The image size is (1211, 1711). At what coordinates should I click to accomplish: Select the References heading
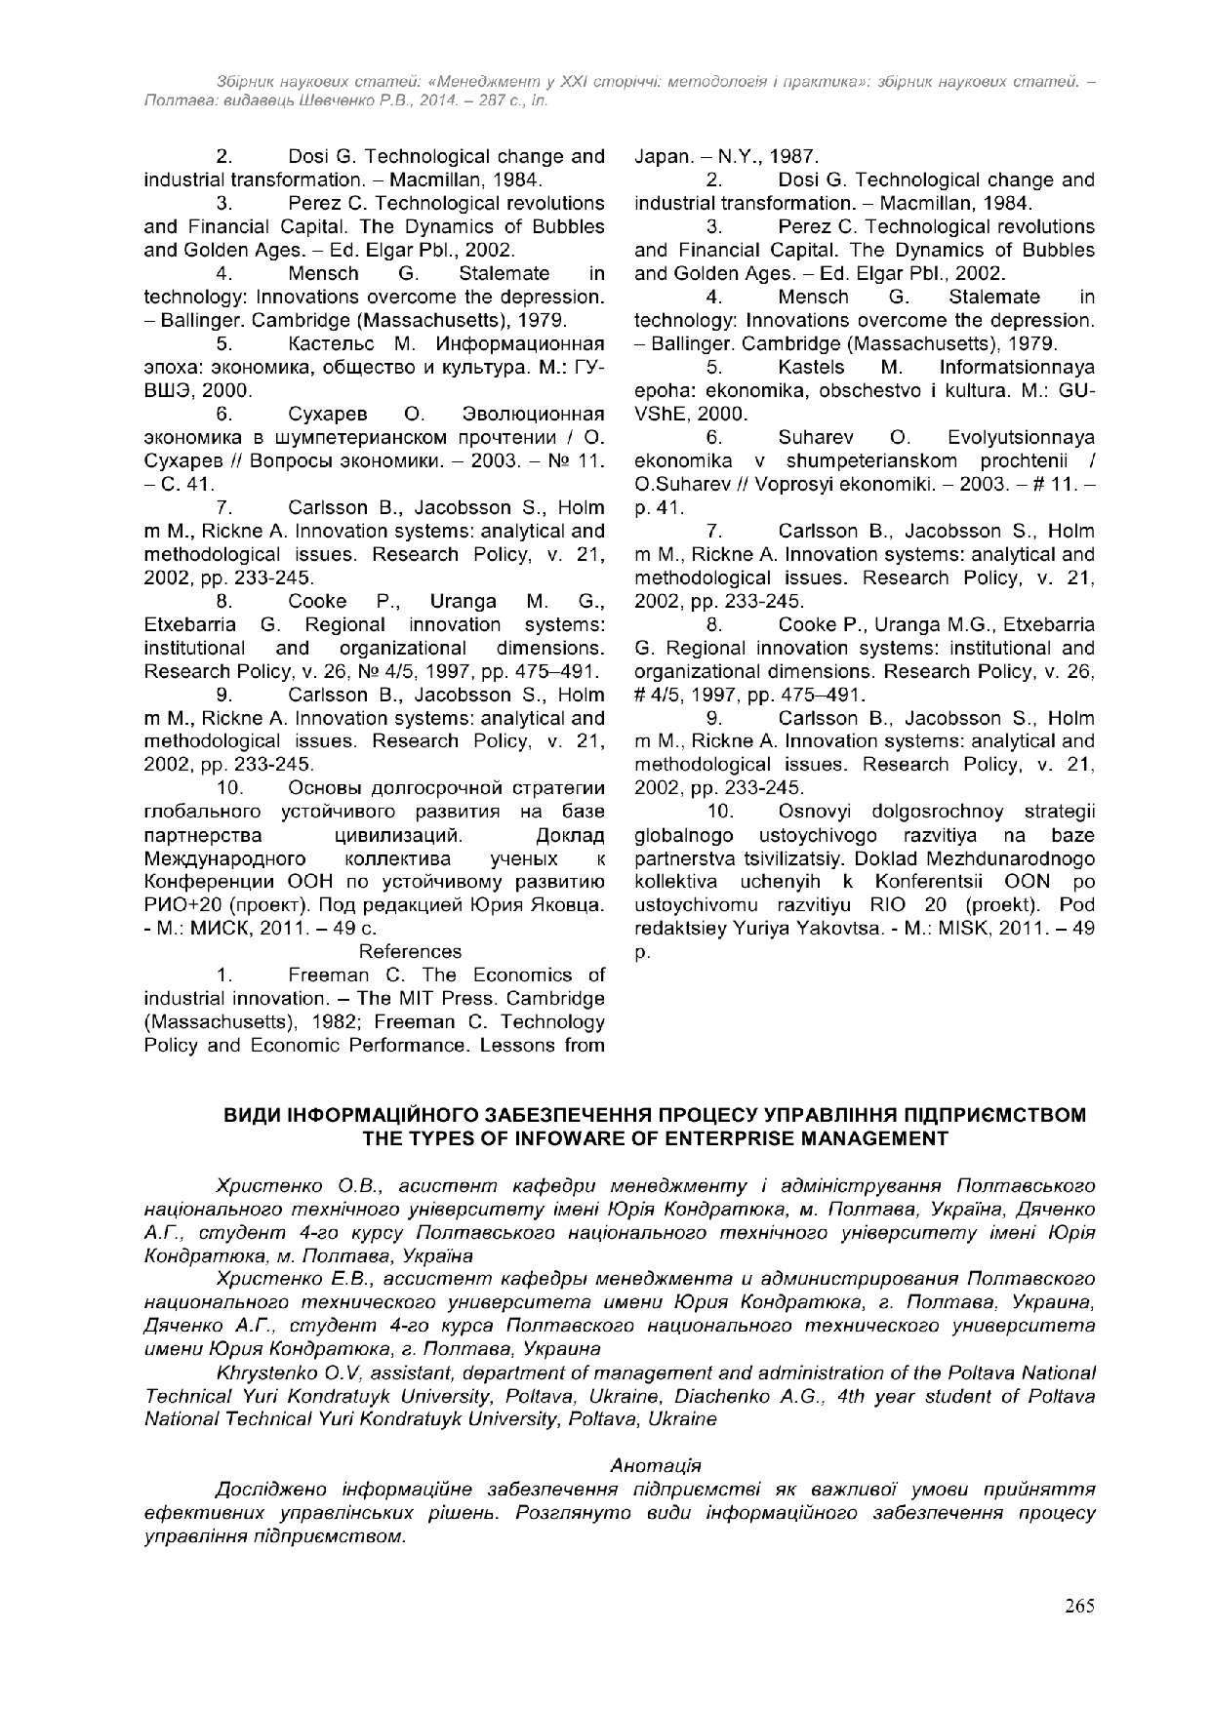[410, 951]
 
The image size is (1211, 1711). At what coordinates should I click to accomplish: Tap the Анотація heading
[655, 1465]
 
